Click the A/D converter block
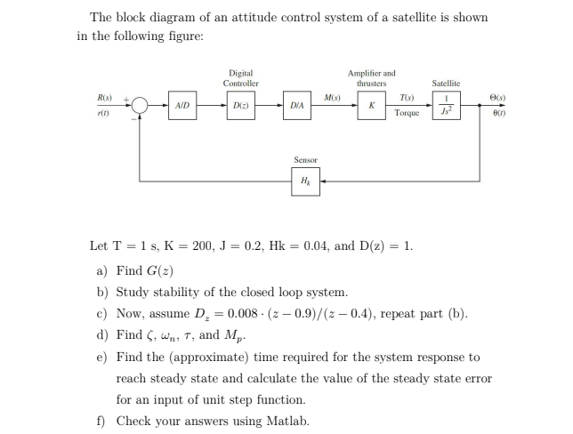pyautogui.click(x=182, y=105)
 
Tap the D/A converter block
pyautogui.click(x=297, y=105)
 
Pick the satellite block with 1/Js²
pyautogui.click(x=446, y=104)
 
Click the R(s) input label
pyautogui.click(x=104, y=96)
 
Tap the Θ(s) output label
pyautogui.click(x=504, y=96)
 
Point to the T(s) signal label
pyautogui.click(x=407, y=96)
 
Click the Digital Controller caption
pyautogui.click(x=240, y=77)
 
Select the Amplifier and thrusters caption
pyautogui.click(x=371, y=77)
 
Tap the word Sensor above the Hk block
pyautogui.click(x=305, y=160)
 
